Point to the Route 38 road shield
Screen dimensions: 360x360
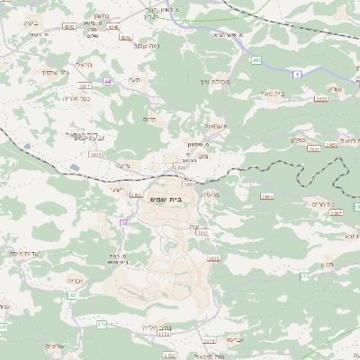pyautogui.click(x=124, y=222)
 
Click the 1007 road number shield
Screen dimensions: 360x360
pyautogui.click(x=85, y=85)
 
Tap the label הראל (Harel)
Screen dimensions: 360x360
pyautogui.click(x=85, y=65)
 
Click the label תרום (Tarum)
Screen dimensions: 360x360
pyautogui.click(x=149, y=118)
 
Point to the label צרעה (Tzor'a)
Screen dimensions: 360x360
pyautogui.click(x=123, y=165)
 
